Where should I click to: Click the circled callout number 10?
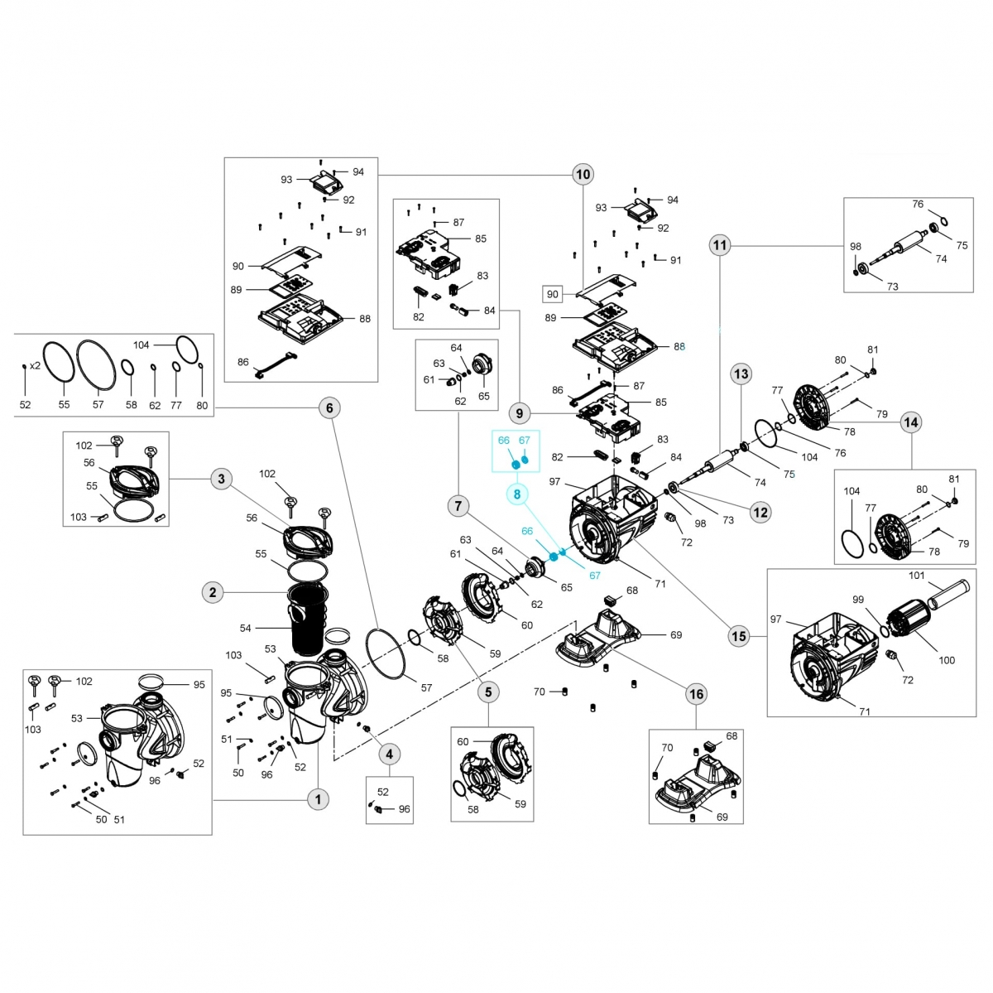[x=583, y=174]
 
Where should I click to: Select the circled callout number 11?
[x=720, y=245]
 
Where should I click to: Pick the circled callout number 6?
[x=329, y=407]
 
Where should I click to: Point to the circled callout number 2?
[x=213, y=592]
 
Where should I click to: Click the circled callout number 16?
[x=697, y=694]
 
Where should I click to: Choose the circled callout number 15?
[x=738, y=636]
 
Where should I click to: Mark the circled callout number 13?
[x=741, y=374]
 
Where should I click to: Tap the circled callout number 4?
[x=389, y=754]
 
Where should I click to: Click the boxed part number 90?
[x=553, y=294]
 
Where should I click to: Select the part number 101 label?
[x=916, y=576]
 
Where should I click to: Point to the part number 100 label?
[x=947, y=660]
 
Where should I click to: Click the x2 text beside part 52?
[x=36, y=365]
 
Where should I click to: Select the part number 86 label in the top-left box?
[x=242, y=362]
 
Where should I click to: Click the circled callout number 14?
[x=910, y=422]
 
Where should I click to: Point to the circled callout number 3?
[x=221, y=479]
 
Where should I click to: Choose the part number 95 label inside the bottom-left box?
[x=199, y=684]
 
